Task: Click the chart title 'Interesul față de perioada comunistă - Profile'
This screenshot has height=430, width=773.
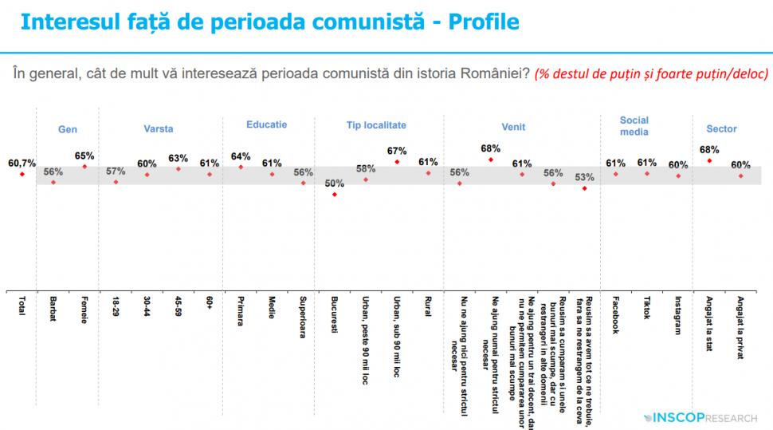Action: click(x=269, y=22)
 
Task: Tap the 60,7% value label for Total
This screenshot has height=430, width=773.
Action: click(x=22, y=164)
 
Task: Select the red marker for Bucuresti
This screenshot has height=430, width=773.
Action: click(x=335, y=194)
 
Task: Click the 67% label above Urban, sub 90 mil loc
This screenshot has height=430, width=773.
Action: click(x=397, y=151)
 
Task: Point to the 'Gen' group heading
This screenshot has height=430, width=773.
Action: click(x=68, y=129)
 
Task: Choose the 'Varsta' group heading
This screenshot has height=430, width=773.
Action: click(x=159, y=128)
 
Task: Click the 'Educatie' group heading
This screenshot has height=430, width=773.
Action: click(x=267, y=125)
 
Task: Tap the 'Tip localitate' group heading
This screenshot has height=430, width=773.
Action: click(x=376, y=125)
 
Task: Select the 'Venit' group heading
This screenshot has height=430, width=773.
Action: click(x=513, y=127)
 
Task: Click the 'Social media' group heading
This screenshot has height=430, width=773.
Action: click(x=634, y=126)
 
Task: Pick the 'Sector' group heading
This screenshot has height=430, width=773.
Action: click(x=721, y=128)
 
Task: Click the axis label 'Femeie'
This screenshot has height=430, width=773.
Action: click(x=84, y=312)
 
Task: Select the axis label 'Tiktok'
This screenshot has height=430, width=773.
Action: click(x=647, y=309)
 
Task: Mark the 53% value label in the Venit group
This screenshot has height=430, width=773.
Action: click(x=584, y=178)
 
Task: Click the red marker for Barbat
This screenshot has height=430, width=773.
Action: click(x=53, y=183)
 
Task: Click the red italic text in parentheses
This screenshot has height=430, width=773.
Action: click(x=651, y=73)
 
